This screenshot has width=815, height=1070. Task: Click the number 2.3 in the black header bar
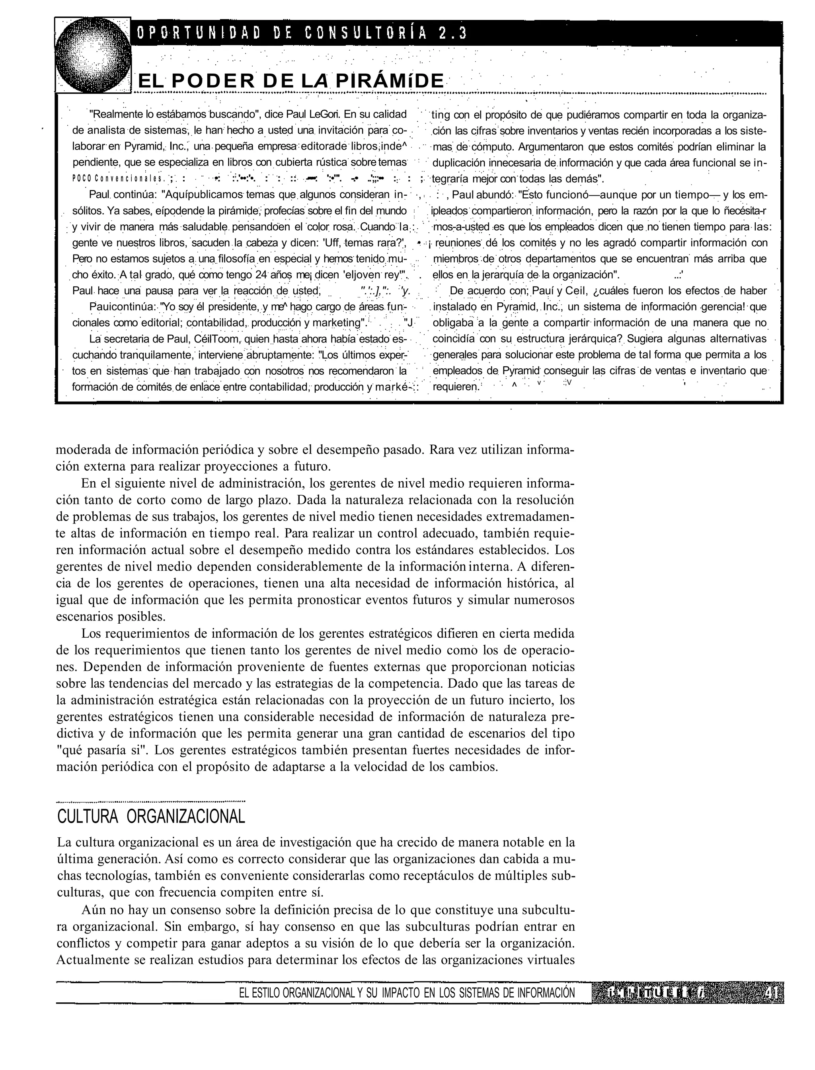click(452, 33)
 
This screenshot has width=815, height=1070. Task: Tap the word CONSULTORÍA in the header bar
click(366, 33)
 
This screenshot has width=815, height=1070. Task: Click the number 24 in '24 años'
click(261, 274)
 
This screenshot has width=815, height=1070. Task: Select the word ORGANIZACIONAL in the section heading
click(186, 817)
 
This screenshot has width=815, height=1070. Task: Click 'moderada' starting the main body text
click(82, 450)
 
